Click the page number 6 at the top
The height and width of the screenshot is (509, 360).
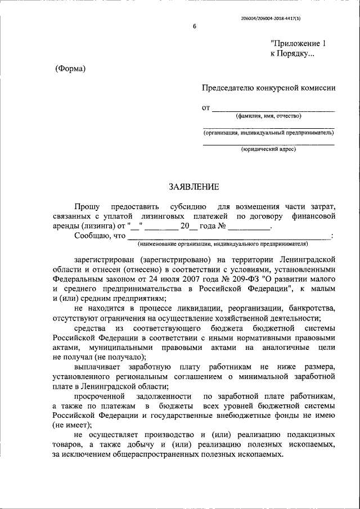(195, 27)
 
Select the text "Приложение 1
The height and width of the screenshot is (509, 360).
(298, 43)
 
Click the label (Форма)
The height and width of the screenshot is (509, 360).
(70, 69)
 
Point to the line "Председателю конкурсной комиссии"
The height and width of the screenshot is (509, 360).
(269, 88)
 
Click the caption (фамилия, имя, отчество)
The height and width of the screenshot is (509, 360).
(268, 116)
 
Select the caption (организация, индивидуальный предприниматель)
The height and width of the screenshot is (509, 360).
(268, 133)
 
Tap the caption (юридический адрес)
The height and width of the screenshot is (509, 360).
(268, 149)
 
